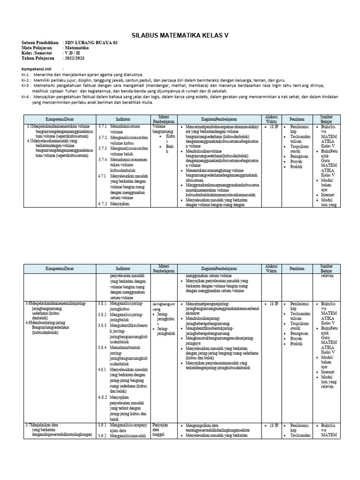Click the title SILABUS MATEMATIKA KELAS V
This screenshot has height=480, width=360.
pos(180,35)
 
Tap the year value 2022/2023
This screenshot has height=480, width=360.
pos(75,58)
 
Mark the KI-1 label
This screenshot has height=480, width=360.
pos(25,75)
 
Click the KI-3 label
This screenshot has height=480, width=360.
pos(25,85)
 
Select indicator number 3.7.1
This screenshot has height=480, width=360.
pos(103,127)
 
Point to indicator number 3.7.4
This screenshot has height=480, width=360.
pos(103,159)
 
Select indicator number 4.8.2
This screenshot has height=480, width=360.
pos(103,397)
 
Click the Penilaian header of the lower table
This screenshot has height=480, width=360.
pos(297,269)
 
